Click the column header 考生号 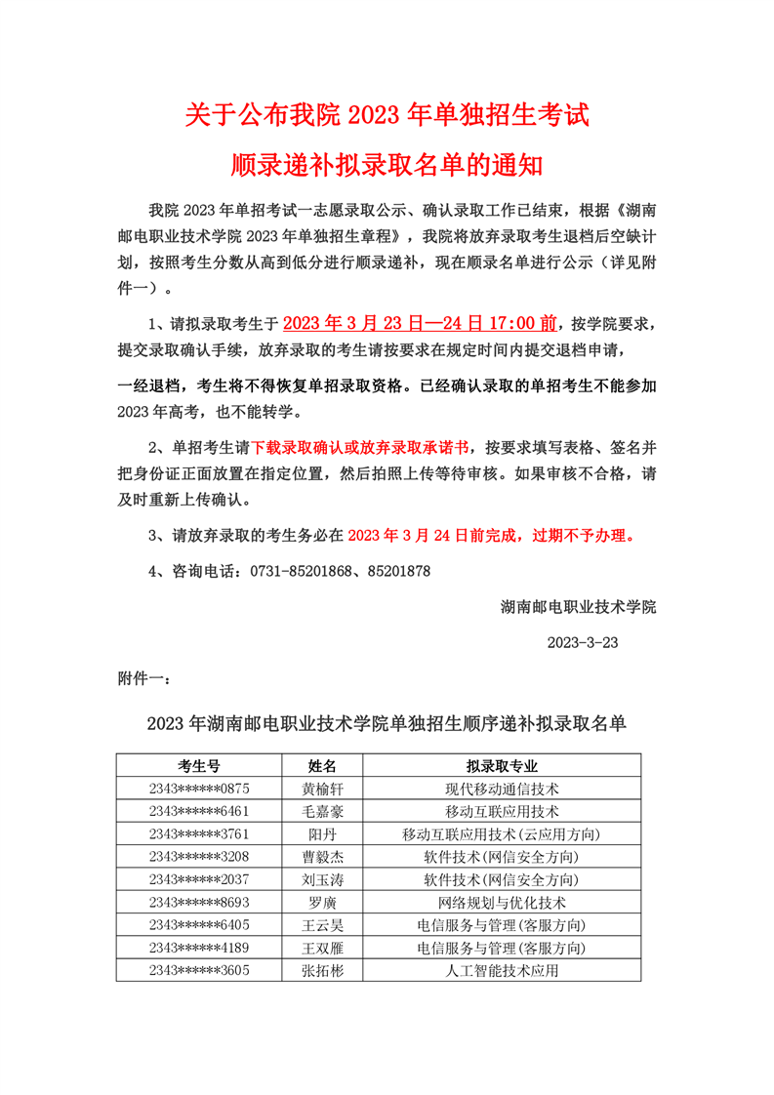[199, 765]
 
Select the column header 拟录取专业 [502, 765]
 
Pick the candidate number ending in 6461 [199, 811]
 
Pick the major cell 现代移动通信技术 [502, 789]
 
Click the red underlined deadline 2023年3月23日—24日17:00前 [421, 323]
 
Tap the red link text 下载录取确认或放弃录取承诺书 [360, 447]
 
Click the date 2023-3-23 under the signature [583, 643]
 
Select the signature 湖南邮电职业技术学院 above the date [579, 607]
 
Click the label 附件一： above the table [145, 677]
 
